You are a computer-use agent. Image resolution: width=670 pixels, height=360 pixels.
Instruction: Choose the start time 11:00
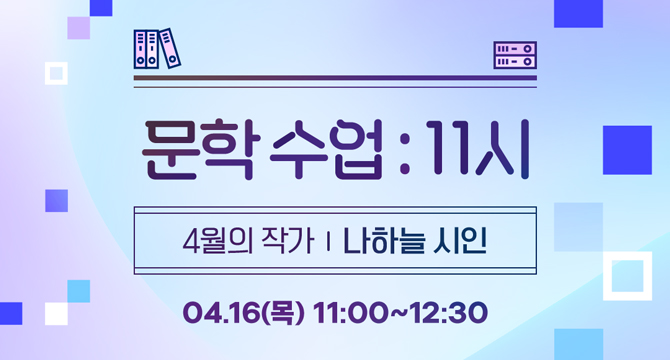(x=349, y=312)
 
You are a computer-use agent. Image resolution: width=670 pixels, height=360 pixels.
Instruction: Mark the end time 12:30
(x=449, y=312)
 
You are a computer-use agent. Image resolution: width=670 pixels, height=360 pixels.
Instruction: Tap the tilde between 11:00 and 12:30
(x=398, y=312)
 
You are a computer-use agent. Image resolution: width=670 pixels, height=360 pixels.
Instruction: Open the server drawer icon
(x=515, y=55)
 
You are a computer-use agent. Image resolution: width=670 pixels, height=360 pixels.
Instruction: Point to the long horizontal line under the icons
(x=335, y=78)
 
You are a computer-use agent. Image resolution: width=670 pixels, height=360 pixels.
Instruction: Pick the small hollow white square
(x=56, y=72)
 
